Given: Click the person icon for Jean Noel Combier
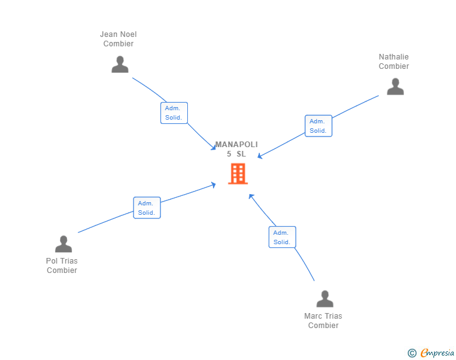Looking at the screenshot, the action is pos(120,64).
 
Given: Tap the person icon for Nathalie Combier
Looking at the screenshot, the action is pos(395,86).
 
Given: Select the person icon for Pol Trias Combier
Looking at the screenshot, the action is pos(63,244).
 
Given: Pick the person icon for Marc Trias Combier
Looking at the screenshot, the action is pos(324,299).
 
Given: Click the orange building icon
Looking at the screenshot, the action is pos(238,173).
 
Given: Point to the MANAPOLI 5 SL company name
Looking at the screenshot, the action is pos(236,149).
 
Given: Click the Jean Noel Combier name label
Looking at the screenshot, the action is pos(118,39).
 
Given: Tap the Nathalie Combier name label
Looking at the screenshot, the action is pos(394,61).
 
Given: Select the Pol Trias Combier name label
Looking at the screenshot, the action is pos(62,265).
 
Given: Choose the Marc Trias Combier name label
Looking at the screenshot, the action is pos(323,321).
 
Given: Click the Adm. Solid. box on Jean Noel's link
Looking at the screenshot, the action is pos(174,113).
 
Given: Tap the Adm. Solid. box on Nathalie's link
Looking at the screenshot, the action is pos(318,126).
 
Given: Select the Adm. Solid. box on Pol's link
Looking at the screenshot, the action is pos(147,208).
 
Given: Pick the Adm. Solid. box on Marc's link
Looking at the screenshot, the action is pos(282,237).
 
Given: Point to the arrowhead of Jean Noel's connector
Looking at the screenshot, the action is pos(214,148).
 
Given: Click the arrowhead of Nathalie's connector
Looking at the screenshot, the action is pos(260,157).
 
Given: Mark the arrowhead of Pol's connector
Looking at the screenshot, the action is pos(214,185).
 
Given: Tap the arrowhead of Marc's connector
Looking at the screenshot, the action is pos(251,197).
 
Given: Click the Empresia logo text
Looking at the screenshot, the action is pos(437,352).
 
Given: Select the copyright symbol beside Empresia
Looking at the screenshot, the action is pos(412,353).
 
